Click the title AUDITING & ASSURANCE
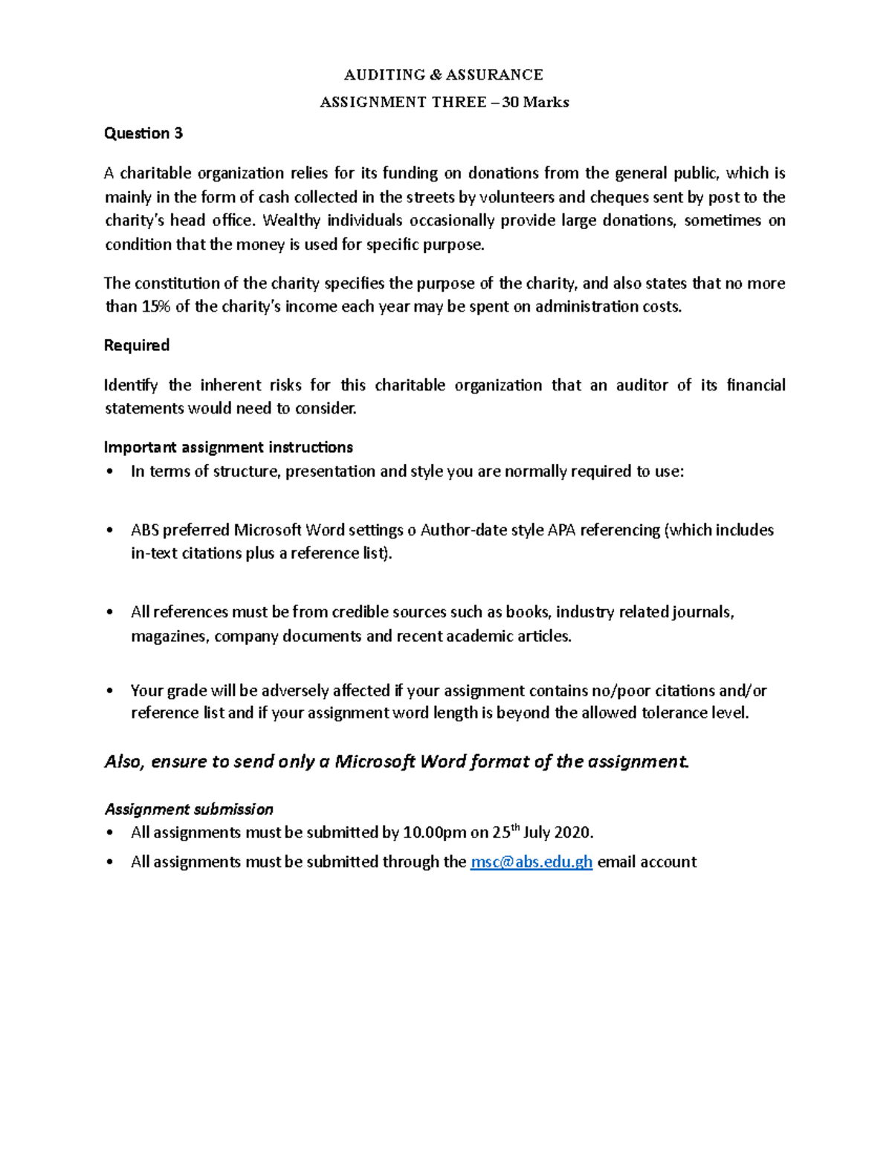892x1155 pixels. [443, 74]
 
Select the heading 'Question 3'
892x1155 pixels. [143, 133]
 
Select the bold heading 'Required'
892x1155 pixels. [137, 345]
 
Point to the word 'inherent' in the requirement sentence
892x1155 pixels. [250, 385]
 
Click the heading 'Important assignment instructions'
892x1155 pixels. [228, 447]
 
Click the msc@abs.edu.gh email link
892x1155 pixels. [531, 862]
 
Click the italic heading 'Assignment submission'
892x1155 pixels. [189, 809]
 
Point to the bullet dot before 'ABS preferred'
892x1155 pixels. [111, 530]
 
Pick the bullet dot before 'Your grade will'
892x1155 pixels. [111, 691]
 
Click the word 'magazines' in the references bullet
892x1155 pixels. [169, 636]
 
